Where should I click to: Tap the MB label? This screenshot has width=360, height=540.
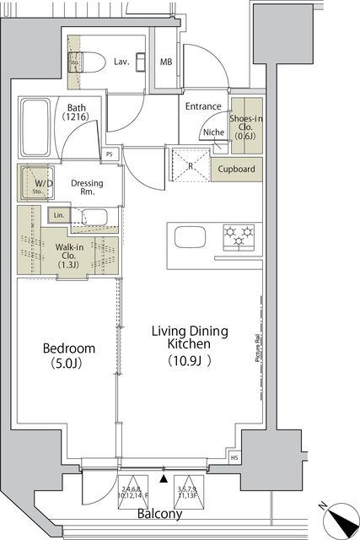(167, 62)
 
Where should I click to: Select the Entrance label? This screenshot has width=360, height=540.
(203, 106)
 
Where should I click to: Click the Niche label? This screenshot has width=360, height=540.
(212, 132)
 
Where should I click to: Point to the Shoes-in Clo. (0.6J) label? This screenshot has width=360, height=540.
(247, 128)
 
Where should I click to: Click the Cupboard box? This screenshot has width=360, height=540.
(237, 169)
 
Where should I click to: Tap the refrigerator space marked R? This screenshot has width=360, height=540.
(191, 165)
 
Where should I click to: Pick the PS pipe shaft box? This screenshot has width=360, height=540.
(110, 154)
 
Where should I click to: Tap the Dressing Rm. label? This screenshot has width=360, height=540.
(87, 187)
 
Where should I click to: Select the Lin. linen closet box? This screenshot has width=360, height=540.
(58, 215)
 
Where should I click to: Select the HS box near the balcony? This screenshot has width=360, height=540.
(234, 458)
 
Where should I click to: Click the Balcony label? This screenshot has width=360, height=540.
(160, 514)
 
